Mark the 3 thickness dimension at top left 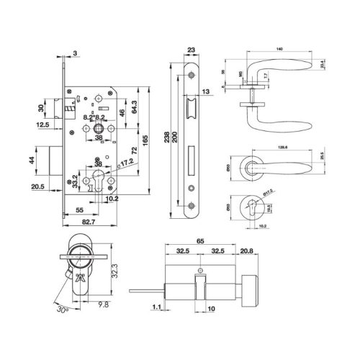(75, 53)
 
